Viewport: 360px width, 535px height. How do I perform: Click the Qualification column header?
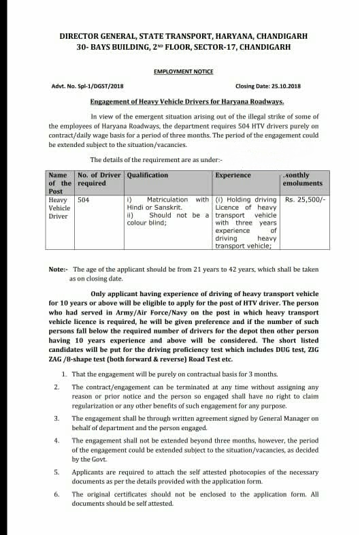point(148,175)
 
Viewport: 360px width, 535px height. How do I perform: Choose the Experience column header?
point(233,175)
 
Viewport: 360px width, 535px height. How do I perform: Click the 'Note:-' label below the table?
point(58,270)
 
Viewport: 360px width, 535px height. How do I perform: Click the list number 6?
point(56,494)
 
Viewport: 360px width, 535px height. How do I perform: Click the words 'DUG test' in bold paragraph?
point(281,348)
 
